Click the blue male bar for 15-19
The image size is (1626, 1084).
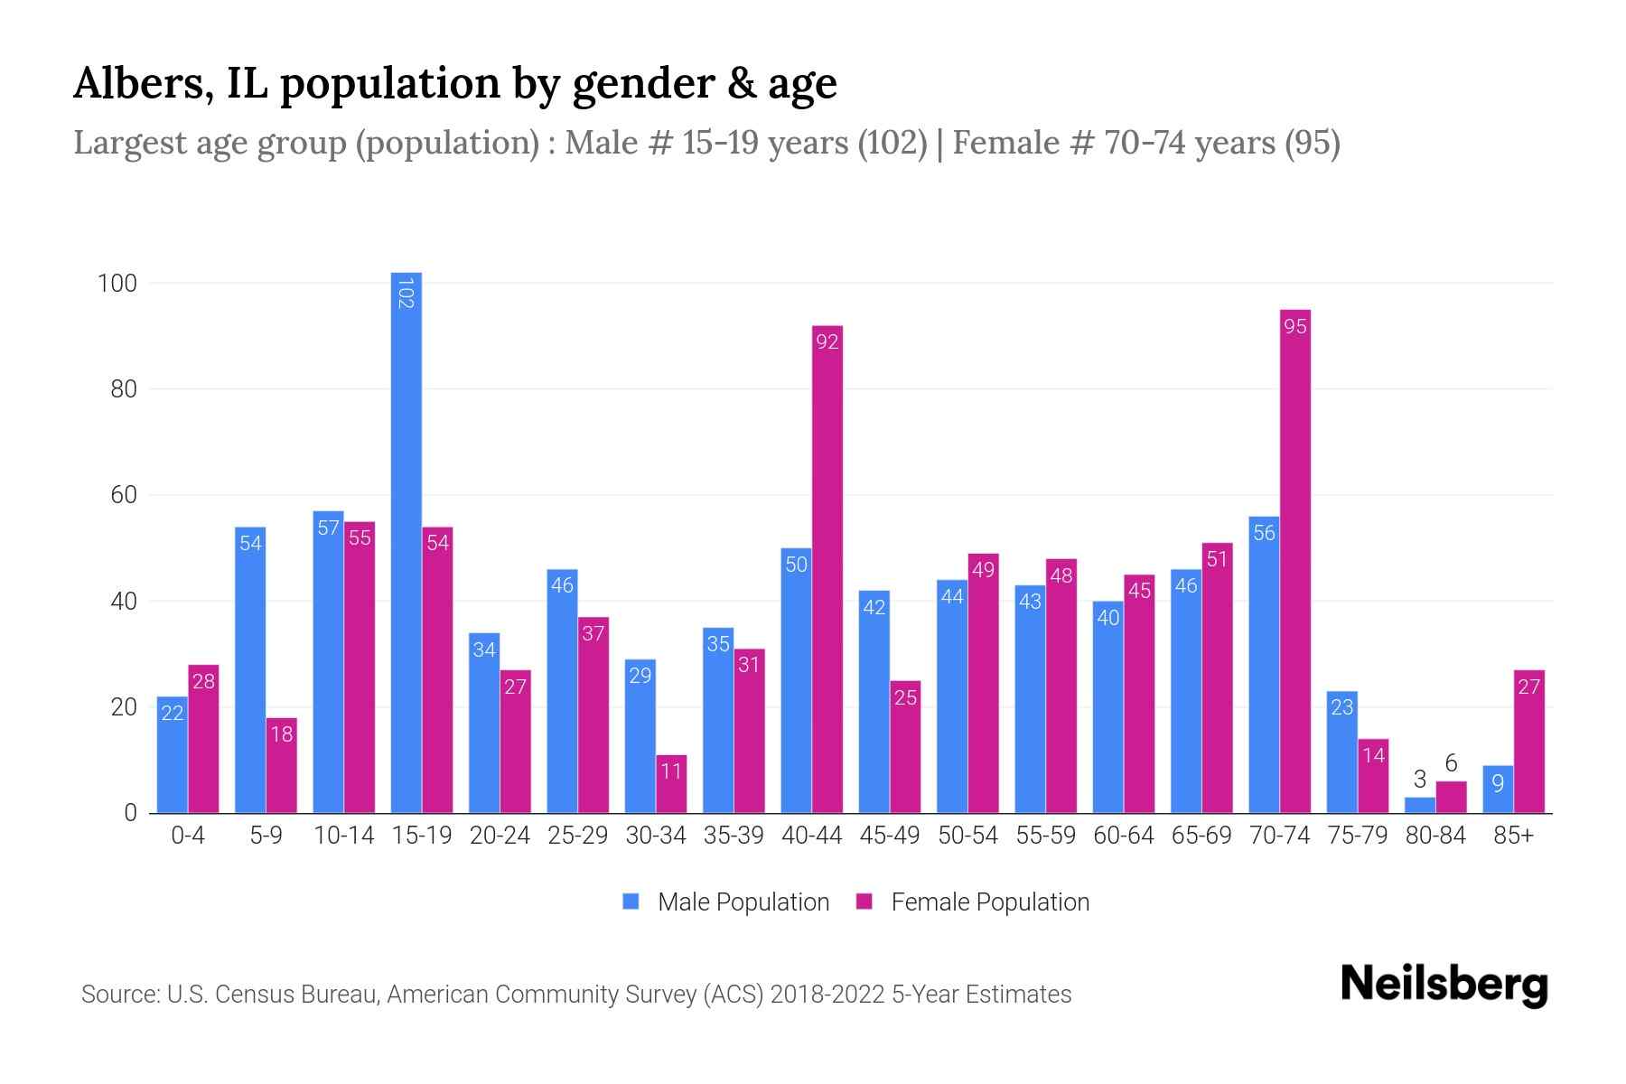[x=406, y=542]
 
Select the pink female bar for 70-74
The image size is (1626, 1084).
[x=1294, y=560]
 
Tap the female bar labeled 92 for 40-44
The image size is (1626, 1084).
[x=827, y=569]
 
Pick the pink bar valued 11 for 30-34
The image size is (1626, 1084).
[x=671, y=784]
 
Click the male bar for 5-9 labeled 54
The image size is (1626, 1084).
[x=250, y=668]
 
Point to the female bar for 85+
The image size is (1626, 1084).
[x=1528, y=741]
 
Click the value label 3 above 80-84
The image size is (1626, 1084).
[x=1419, y=780]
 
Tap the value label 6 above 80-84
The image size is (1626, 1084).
[x=1451, y=764]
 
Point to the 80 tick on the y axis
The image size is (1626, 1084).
[x=123, y=389]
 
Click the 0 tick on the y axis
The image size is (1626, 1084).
[x=130, y=813]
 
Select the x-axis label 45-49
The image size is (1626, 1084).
[x=889, y=836]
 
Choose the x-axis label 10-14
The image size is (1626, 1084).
[x=343, y=836]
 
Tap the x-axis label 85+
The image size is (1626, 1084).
[x=1513, y=836]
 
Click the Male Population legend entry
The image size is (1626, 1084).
[x=726, y=902]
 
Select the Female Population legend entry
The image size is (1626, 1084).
[x=973, y=902]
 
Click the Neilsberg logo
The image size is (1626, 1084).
[x=1444, y=985]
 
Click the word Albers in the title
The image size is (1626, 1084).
[x=143, y=84]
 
